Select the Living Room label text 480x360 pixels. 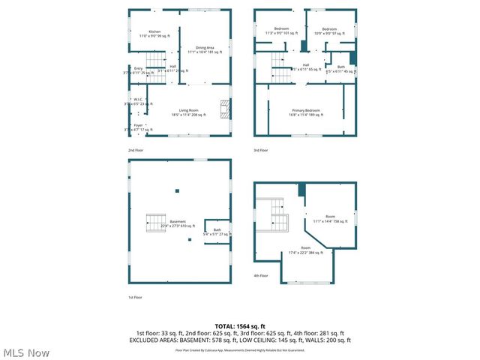[x=187, y=113]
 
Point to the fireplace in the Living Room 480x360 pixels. [x=223, y=110]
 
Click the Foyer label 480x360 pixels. [x=138, y=127]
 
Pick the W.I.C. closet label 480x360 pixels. [x=138, y=101]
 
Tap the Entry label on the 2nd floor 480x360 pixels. [x=138, y=70]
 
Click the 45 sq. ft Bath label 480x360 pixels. [x=341, y=70]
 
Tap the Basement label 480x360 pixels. [x=178, y=223]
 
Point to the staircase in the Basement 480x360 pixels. [x=155, y=223]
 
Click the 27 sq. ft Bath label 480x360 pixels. [x=217, y=232]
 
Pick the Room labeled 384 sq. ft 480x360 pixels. [x=305, y=250]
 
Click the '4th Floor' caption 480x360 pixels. [x=261, y=276]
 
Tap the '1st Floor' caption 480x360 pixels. [x=134, y=298]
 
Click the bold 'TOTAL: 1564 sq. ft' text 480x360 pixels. [x=240, y=326]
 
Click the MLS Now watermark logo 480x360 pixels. [x=26, y=352]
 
